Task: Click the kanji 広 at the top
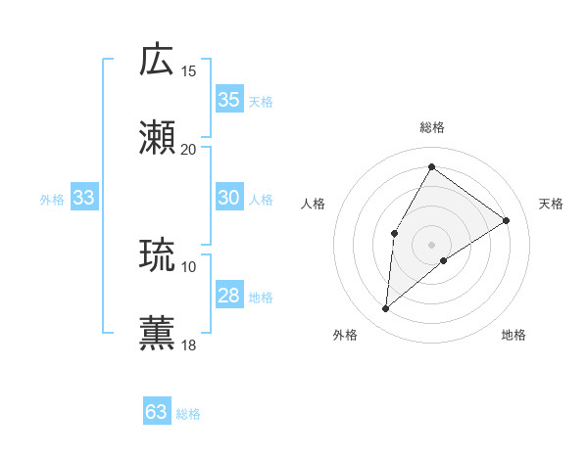[158, 61]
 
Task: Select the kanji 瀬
[158, 138]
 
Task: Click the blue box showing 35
[229, 100]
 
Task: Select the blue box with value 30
[229, 198]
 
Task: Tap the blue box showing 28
[229, 296]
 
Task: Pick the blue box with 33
[84, 199]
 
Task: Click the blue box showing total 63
[157, 412]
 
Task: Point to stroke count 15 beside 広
[189, 71]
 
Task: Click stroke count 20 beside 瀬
[189, 149]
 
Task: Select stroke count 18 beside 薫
[189, 345]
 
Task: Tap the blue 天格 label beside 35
[261, 101]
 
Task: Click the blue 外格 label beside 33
[52, 200]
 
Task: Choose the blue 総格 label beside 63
[188, 413]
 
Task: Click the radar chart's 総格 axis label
[432, 127]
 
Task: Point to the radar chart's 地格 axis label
[514, 335]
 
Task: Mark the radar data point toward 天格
[506, 220]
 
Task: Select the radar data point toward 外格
[386, 309]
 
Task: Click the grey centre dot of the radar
[431, 244]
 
